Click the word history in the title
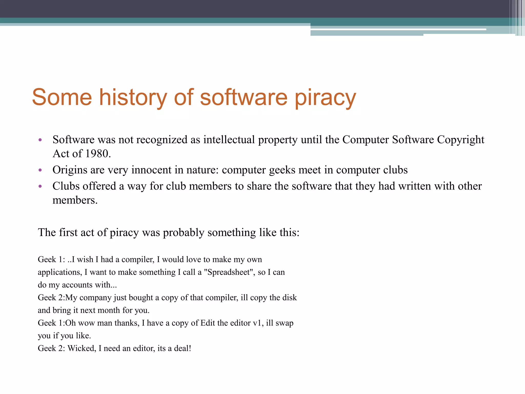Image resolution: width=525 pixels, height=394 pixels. [x=133, y=97]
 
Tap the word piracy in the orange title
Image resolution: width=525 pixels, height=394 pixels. [x=325, y=97]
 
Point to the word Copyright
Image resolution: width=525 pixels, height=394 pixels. [x=461, y=140]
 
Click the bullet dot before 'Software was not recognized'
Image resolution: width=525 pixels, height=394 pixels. [x=40, y=140]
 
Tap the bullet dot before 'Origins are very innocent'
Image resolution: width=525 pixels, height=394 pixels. [x=40, y=170]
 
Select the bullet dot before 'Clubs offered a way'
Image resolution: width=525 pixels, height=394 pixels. [x=40, y=186]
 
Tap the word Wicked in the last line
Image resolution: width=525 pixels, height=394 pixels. [x=82, y=348]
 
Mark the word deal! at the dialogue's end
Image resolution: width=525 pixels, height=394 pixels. [x=183, y=348]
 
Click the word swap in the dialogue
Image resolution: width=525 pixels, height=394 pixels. [x=285, y=323]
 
